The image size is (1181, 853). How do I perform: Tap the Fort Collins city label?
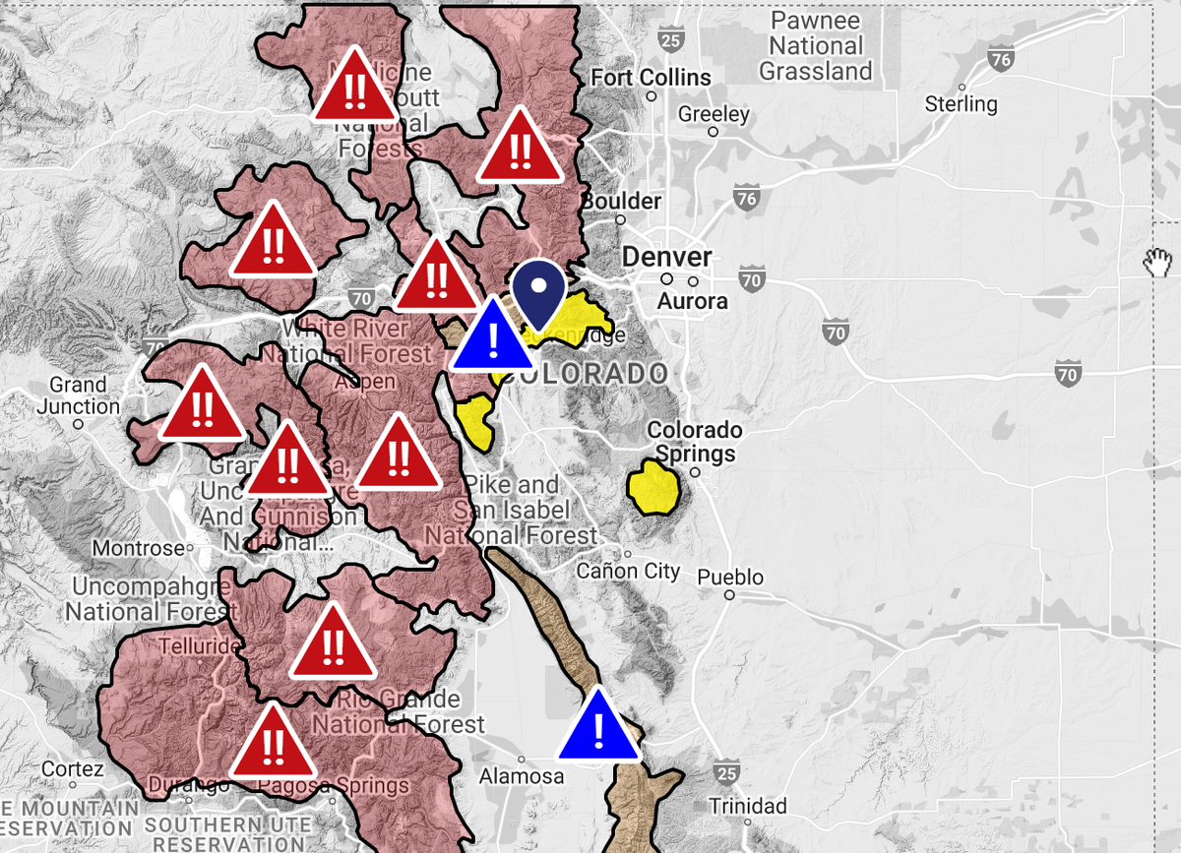click(650, 77)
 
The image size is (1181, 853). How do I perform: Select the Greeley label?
click(714, 114)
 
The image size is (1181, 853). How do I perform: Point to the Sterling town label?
click(961, 103)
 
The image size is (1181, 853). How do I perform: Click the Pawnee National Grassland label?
click(816, 46)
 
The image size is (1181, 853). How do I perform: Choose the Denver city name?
click(666, 257)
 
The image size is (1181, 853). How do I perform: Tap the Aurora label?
click(692, 301)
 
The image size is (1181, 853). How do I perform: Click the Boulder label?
click(621, 201)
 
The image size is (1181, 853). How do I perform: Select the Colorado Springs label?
click(695, 442)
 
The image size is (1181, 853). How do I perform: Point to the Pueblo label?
click(729, 577)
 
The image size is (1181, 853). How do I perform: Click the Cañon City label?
click(628, 570)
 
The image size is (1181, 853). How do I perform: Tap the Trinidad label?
click(748, 806)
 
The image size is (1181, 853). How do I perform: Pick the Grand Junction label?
click(79, 396)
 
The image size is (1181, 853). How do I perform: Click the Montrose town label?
click(139, 548)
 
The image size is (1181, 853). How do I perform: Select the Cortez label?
click(72, 768)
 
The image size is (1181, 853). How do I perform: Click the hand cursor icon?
click(1158, 261)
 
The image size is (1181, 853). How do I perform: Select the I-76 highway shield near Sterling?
click(1001, 60)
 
